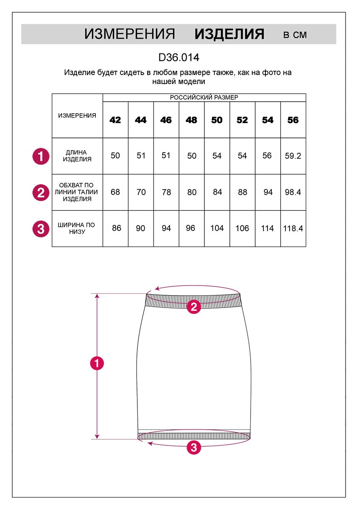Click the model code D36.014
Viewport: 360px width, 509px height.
click(x=179, y=57)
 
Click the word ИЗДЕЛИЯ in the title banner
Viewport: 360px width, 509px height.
click(x=229, y=34)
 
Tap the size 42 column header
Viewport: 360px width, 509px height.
click(x=115, y=120)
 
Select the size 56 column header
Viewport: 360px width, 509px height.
click(x=293, y=120)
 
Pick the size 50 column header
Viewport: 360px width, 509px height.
click(x=217, y=120)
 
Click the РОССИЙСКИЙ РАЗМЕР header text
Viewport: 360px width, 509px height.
click(x=204, y=98)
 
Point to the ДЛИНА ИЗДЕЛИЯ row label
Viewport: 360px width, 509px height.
click(x=77, y=156)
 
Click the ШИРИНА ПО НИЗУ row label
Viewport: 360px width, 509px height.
click(x=77, y=229)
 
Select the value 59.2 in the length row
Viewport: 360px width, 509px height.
click(x=293, y=156)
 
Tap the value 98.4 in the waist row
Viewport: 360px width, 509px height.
click(x=293, y=192)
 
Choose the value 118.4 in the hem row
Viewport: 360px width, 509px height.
click(x=293, y=229)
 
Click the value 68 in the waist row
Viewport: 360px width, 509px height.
click(x=115, y=192)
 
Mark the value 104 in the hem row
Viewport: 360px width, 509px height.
click(x=217, y=229)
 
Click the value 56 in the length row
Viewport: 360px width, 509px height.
click(x=267, y=156)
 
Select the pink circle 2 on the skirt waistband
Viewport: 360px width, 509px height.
click(x=194, y=306)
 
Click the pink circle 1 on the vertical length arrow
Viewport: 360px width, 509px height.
click(x=97, y=364)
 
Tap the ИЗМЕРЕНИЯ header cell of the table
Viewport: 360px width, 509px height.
click(x=77, y=116)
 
